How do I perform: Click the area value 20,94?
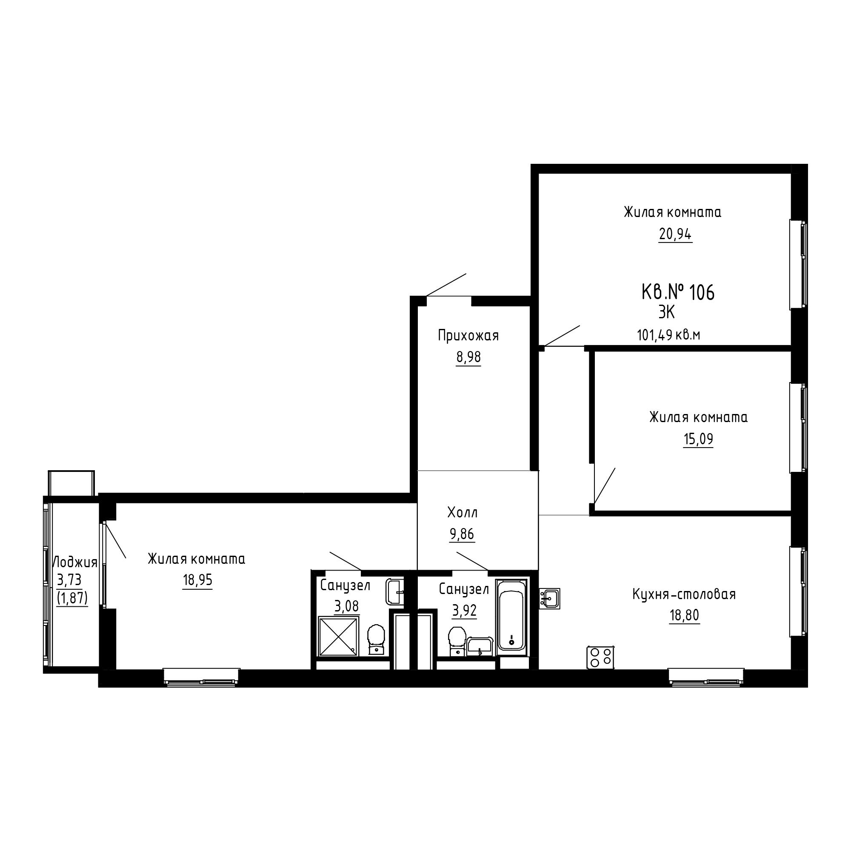point(675,234)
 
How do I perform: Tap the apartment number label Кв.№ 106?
point(678,292)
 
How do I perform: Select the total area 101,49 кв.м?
point(668,335)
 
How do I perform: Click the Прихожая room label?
point(468,336)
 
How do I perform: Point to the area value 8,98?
point(468,357)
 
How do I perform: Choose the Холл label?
point(463,512)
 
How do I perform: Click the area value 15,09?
point(698,439)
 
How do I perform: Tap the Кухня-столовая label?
point(684,594)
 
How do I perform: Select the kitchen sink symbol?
point(550,598)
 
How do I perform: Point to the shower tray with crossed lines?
point(338,636)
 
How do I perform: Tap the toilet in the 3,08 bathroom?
point(376,640)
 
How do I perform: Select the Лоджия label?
point(75,563)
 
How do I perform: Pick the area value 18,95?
point(197,580)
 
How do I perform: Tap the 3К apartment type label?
point(666,312)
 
